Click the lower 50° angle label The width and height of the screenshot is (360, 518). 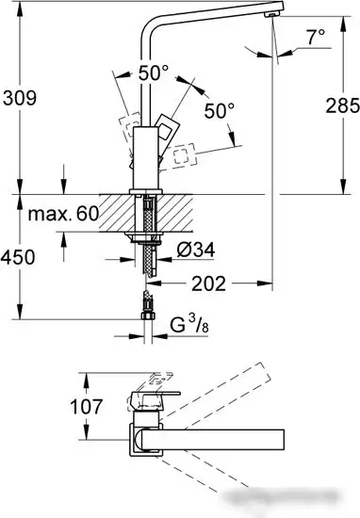click(x=218, y=111)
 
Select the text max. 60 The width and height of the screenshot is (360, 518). click(x=62, y=215)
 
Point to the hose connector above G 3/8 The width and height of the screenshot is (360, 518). click(x=145, y=306)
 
